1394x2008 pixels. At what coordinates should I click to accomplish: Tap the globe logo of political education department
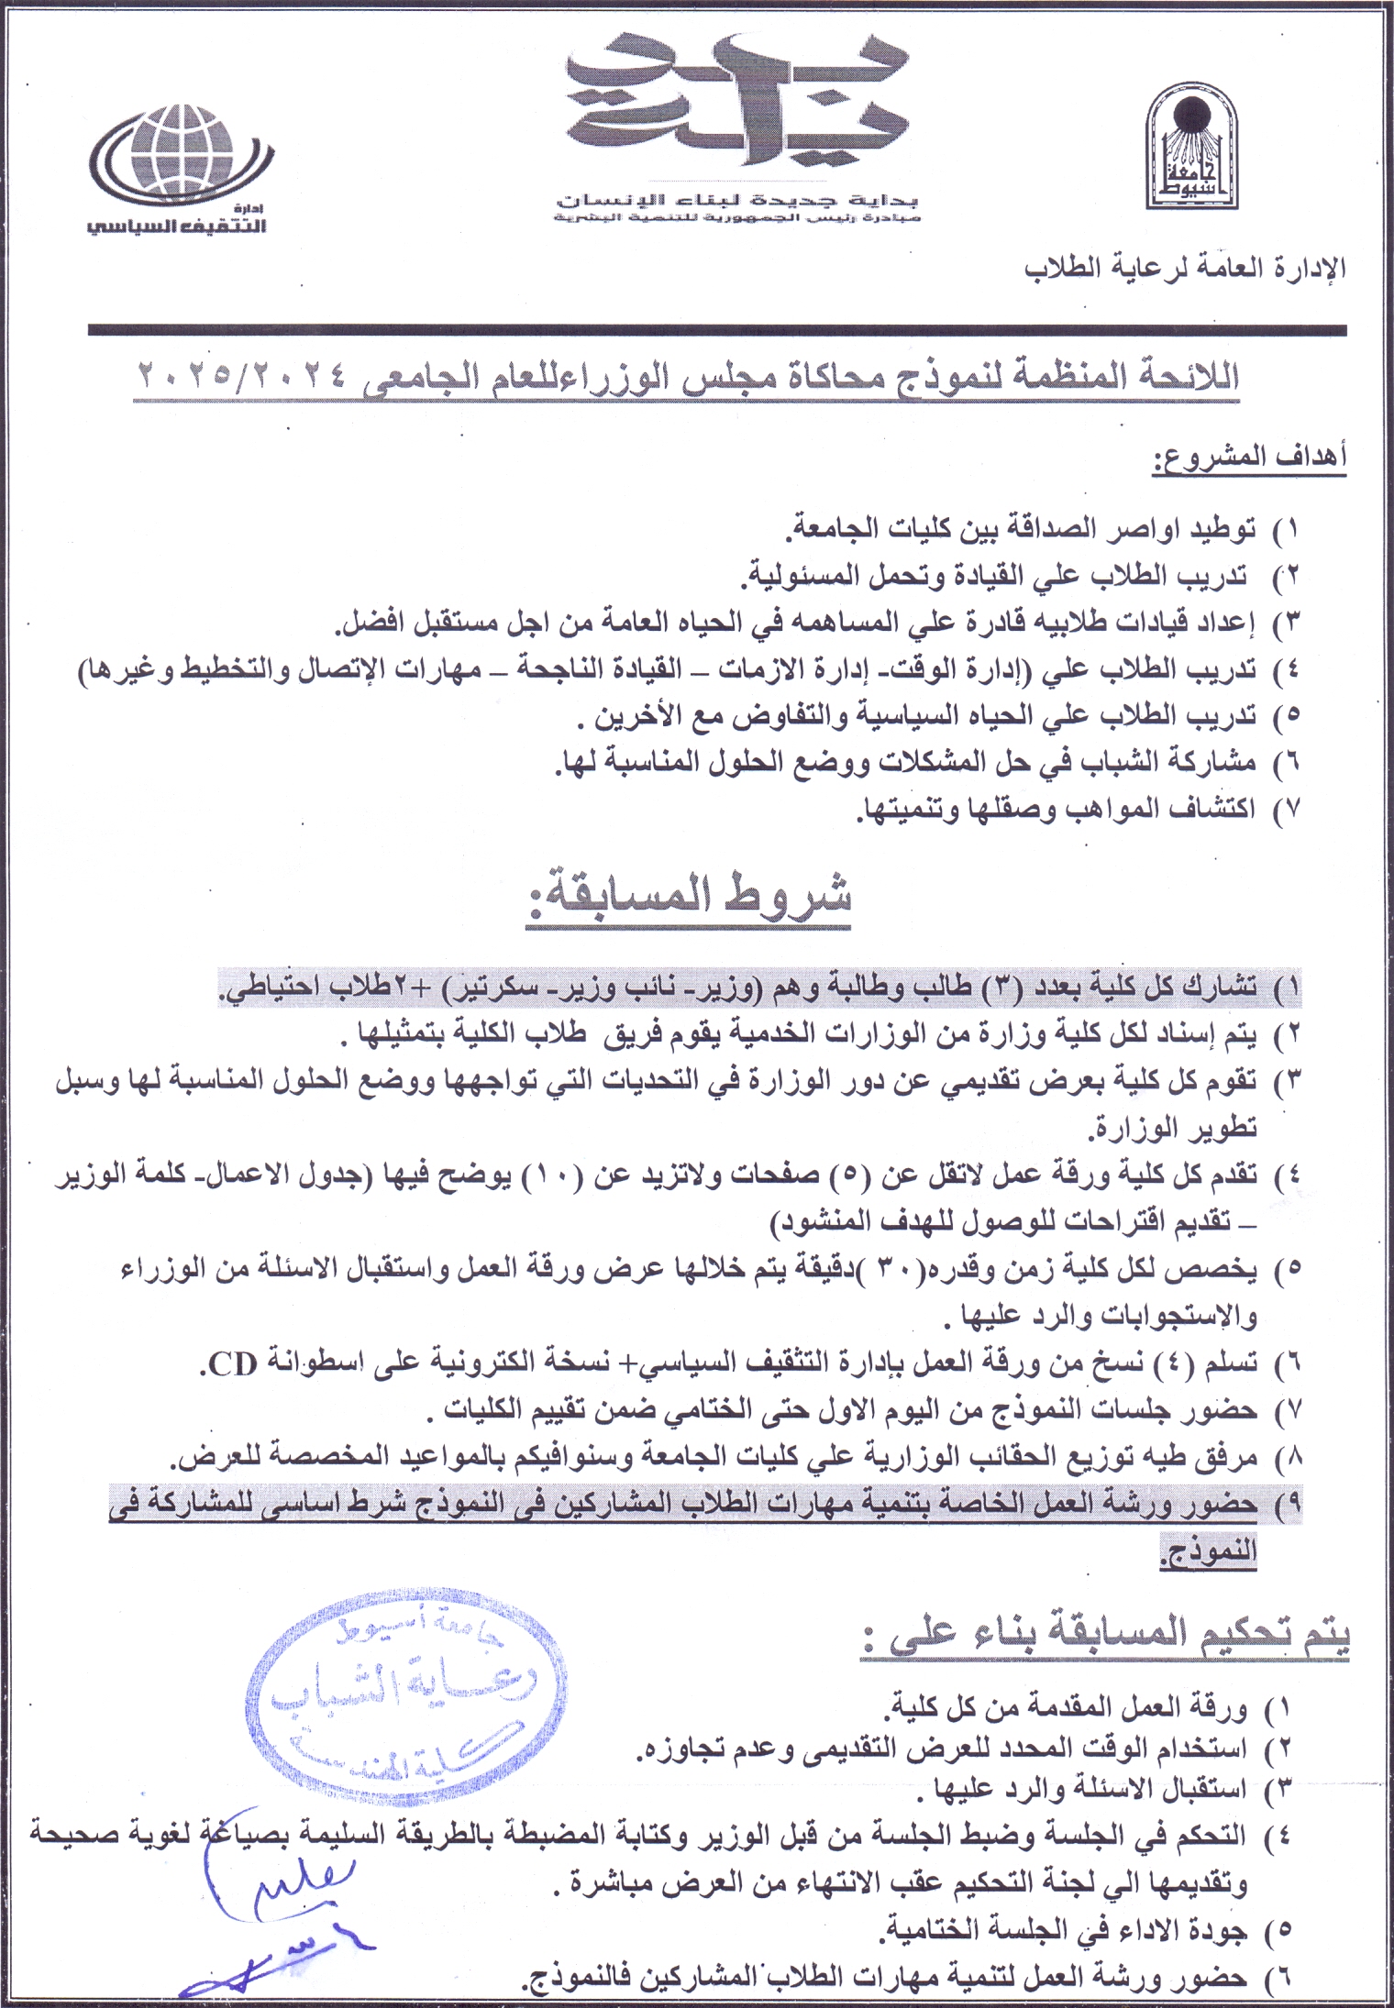coord(182,152)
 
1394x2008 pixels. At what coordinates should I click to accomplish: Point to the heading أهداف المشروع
coord(1249,456)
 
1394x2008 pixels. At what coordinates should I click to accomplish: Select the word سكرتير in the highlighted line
coord(485,988)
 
